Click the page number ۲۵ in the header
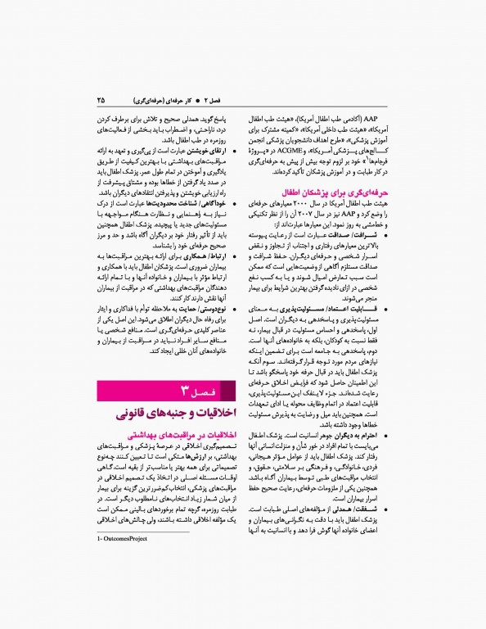point(101,100)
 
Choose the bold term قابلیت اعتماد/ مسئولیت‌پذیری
point(356,306)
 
